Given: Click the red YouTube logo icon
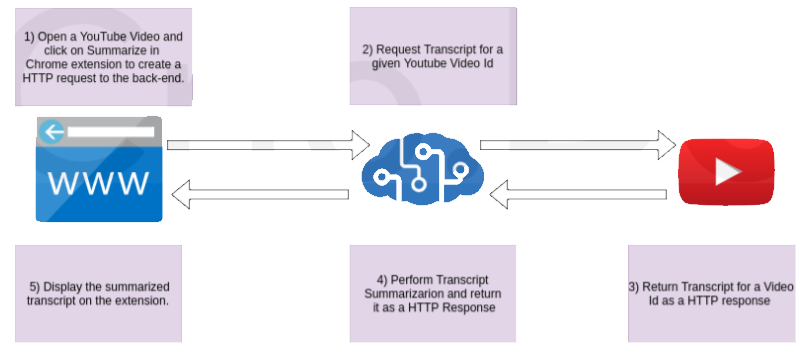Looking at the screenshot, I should coord(727,171).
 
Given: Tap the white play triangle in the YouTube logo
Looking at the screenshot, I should coord(728,171).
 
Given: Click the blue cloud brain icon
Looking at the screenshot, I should coord(421,168).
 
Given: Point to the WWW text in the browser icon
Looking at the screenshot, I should coord(99,183).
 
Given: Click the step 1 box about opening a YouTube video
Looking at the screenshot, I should coord(103,57).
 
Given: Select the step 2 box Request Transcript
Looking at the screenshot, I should coord(433,56).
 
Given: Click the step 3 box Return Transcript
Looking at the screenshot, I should coord(711,293).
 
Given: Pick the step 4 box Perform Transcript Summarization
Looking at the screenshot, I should coord(433,293).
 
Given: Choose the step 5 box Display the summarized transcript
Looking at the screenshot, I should coord(98,293).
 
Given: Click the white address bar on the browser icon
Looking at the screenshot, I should coord(111,131).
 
